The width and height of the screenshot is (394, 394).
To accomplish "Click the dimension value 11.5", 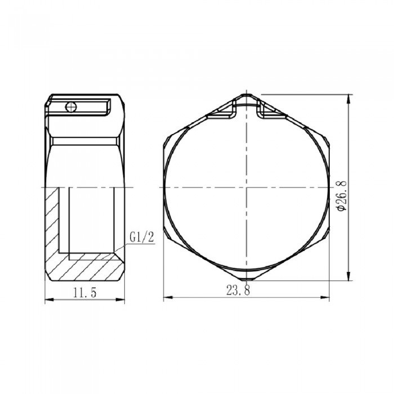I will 85,292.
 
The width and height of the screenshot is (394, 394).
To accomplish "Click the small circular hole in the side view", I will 69,105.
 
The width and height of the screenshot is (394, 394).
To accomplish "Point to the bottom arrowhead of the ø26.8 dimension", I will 350,277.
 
